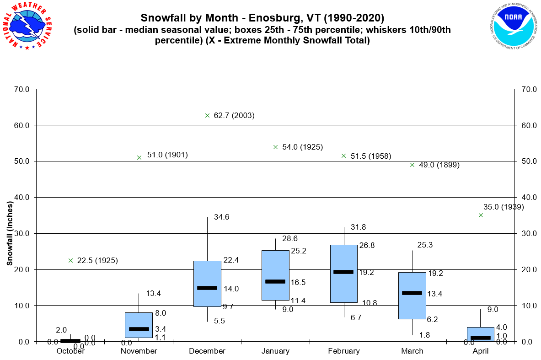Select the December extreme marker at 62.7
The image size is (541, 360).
(207, 116)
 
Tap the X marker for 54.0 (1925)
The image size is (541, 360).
(275, 147)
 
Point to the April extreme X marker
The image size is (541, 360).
(481, 215)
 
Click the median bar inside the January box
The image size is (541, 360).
(275, 281)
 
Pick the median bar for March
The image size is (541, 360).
(412, 293)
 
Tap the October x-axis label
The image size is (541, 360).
(70, 351)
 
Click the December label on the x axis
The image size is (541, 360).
(207, 351)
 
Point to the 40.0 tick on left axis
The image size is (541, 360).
(22, 197)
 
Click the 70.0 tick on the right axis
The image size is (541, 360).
(526, 89)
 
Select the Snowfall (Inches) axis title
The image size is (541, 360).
(10, 233)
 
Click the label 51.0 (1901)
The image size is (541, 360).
(167, 155)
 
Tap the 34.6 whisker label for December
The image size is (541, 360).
(221, 217)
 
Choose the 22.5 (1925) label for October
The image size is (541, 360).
(97, 261)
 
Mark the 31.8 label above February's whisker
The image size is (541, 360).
(358, 227)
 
